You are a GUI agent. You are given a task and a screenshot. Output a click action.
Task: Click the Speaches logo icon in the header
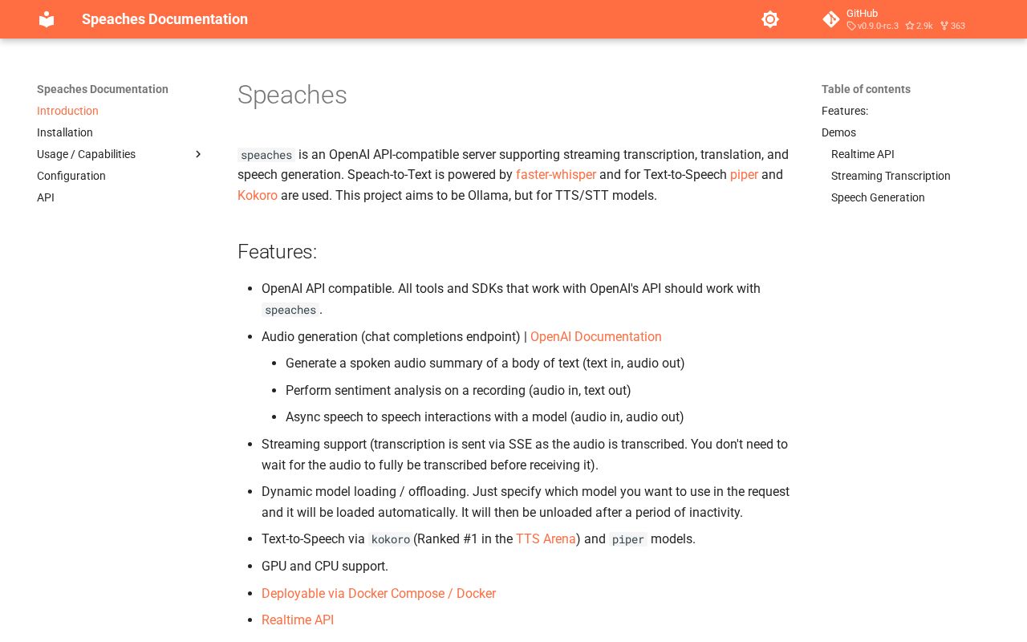pyautogui.click(x=47, y=19)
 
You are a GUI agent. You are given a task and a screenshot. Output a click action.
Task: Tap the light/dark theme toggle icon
pyautogui.click(x=770, y=19)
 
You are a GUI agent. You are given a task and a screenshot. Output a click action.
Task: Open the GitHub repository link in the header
pyautogui.click(x=894, y=19)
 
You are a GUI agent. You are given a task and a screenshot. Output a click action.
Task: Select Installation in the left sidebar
pyautogui.click(x=65, y=132)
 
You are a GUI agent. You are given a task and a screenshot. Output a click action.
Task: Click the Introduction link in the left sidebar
pyautogui.click(x=67, y=111)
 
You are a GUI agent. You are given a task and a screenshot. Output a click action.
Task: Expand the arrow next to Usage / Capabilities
pyautogui.click(x=198, y=154)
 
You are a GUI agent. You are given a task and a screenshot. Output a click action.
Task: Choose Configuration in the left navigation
pyautogui.click(x=71, y=176)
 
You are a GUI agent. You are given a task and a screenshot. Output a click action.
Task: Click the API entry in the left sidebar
pyautogui.click(x=46, y=197)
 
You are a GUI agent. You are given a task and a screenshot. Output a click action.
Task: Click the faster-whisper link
pyautogui.click(x=556, y=175)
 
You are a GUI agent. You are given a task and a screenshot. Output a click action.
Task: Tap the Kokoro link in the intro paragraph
pyautogui.click(x=258, y=196)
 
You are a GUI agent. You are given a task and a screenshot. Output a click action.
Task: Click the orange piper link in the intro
pyautogui.click(x=744, y=175)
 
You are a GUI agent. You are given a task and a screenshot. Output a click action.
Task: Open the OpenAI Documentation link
pyautogui.click(x=596, y=337)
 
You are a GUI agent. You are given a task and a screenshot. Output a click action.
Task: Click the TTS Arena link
pyautogui.click(x=546, y=539)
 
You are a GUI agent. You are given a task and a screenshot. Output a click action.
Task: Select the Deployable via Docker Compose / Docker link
pyautogui.click(x=379, y=594)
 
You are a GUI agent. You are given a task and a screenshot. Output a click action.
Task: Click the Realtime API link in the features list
pyautogui.click(x=298, y=620)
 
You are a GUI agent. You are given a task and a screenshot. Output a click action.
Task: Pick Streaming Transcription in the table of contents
pyautogui.click(x=891, y=176)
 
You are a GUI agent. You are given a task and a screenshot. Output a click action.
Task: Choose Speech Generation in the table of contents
pyautogui.click(x=878, y=197)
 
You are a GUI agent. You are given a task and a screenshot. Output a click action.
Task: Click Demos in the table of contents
pyautogui.click(x=838, y=132)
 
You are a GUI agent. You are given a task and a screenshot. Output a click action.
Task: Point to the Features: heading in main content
pyautogui.click(x=278, y=252)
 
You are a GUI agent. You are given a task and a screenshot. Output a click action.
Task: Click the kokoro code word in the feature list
pyautogui.click(x=391, y=539)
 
